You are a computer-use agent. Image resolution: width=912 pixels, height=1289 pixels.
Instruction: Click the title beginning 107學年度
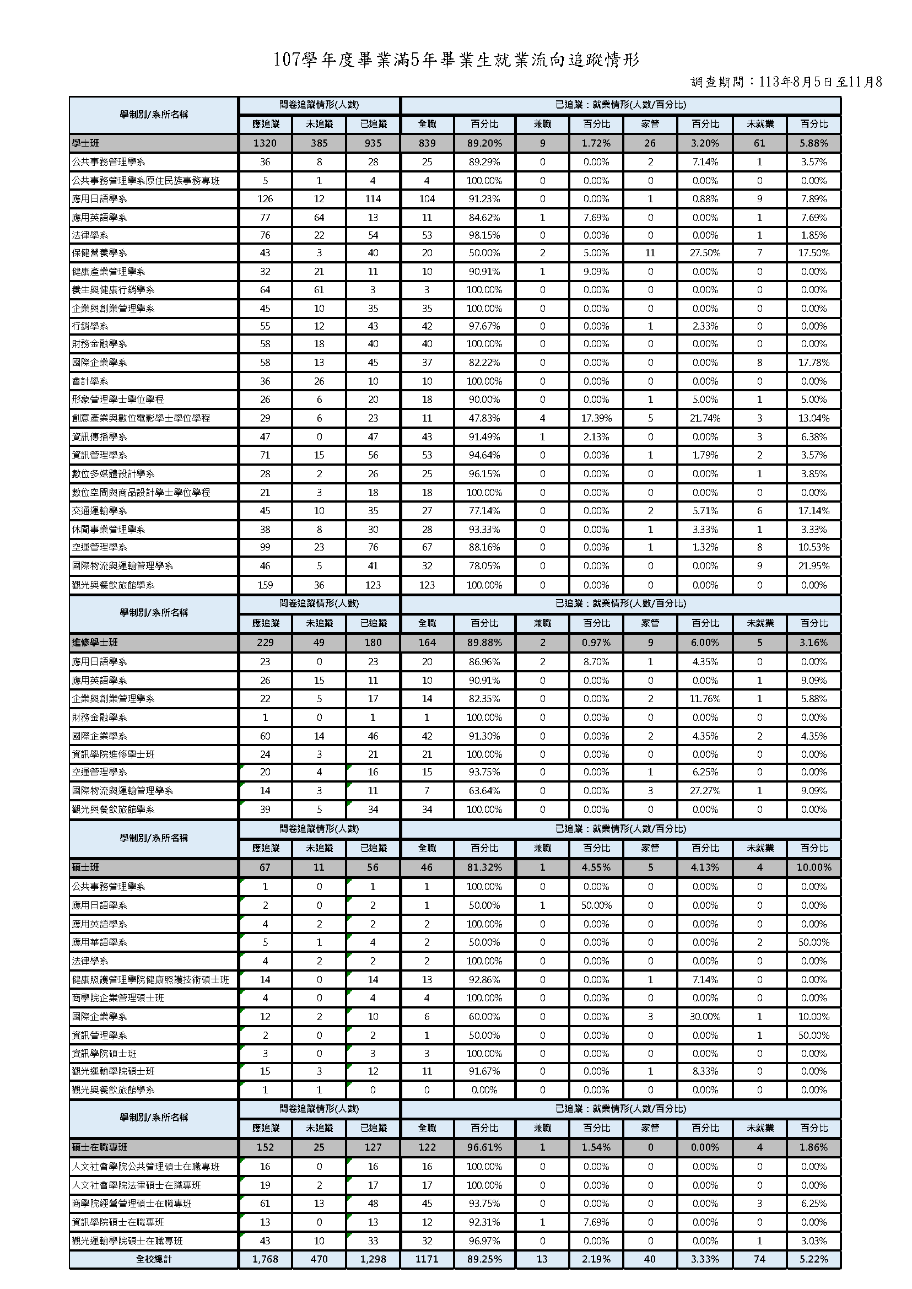(456, 60)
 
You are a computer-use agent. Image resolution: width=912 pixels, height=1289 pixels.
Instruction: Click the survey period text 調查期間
(786, 82)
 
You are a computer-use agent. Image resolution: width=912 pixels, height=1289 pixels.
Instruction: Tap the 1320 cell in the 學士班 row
(265, 143)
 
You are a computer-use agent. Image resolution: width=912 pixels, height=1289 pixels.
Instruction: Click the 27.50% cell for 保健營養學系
(705, 253)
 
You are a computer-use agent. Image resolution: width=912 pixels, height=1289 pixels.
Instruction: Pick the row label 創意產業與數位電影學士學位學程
(141, 418)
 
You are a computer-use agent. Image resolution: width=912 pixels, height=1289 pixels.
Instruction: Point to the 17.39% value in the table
(596, 418)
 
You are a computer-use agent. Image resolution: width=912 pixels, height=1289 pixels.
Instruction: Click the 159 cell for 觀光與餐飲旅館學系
(265, 585)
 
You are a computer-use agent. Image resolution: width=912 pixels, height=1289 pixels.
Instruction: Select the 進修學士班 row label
(95, 642)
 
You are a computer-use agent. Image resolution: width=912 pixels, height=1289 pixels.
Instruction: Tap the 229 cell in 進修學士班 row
(265, 642)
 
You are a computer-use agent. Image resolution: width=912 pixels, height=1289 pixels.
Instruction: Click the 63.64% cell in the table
(484, 790)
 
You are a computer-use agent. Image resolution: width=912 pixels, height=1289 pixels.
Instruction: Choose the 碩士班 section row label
(85, 867)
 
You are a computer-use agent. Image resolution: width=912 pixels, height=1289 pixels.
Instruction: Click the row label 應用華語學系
(99, 942)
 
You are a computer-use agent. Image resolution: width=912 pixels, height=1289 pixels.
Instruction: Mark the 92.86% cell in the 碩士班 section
(484, 979)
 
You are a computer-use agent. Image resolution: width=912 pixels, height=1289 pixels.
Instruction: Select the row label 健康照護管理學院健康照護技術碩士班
(150, 979)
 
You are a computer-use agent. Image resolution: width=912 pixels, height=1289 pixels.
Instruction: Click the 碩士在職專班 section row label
(99, 1147)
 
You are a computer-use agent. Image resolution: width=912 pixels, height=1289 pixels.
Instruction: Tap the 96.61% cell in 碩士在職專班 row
(484, 1147)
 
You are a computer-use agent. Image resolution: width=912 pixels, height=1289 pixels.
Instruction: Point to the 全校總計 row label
(154, 1259)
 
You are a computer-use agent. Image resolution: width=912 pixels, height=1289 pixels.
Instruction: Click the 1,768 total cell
(265, 1259)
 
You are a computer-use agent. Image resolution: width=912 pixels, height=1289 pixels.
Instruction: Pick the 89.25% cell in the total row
(484, 1259)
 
